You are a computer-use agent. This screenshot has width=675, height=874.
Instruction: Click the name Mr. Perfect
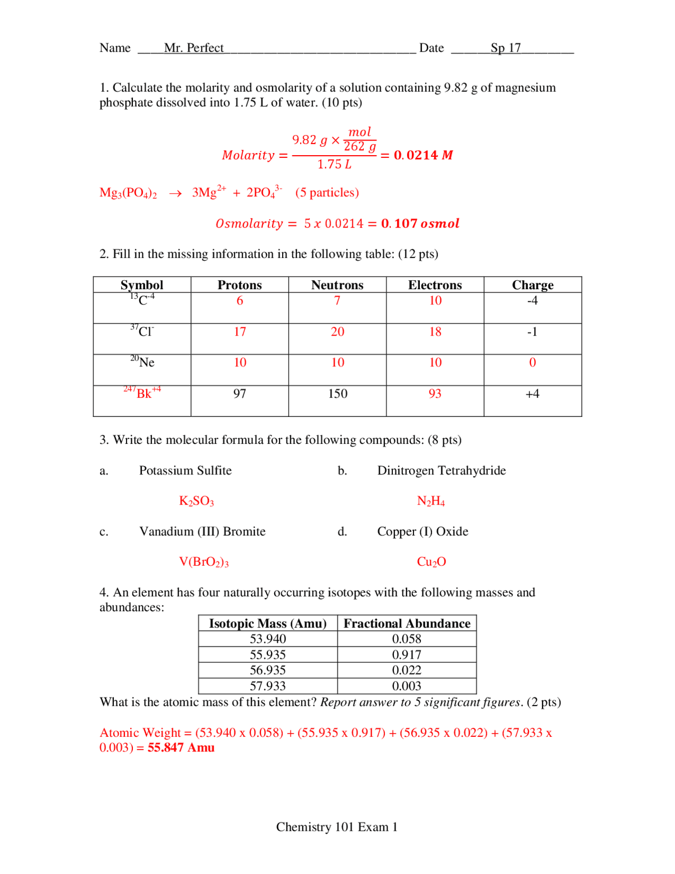[194, 48]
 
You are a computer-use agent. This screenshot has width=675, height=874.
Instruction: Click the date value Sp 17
[505, 48]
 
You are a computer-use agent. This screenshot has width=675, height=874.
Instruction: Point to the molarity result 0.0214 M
[423, 155]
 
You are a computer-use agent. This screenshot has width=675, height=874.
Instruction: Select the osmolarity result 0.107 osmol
[420, 224]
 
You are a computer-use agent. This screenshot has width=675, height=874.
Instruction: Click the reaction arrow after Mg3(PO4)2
[175, 194]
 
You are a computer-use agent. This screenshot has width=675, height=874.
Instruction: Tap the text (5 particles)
[327, 193]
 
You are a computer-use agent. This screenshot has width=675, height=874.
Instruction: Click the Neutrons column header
[337, 285]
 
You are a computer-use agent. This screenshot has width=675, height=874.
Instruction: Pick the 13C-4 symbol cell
[142, 300]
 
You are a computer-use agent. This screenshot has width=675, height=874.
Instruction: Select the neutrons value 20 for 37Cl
[337, 332]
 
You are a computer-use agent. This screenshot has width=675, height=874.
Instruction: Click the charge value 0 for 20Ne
[532, 363]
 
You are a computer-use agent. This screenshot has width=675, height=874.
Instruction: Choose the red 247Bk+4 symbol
[142, 393]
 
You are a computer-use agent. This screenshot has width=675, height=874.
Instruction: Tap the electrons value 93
[435, 394]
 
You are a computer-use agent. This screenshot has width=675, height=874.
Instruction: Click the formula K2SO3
[196, 501]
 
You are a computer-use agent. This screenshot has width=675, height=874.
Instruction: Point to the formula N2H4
[431, 501]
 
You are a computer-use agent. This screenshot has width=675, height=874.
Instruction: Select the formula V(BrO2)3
[204, 562]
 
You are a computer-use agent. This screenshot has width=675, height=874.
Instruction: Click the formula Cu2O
[431, 562]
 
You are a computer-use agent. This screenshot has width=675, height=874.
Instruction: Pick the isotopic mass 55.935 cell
[267, 655]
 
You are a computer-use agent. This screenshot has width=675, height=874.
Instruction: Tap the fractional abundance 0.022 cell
[407, 670]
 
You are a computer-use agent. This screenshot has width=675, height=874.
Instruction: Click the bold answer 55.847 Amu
[181, 748]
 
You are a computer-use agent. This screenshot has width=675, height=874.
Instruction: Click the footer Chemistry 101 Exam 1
[336, 827]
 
